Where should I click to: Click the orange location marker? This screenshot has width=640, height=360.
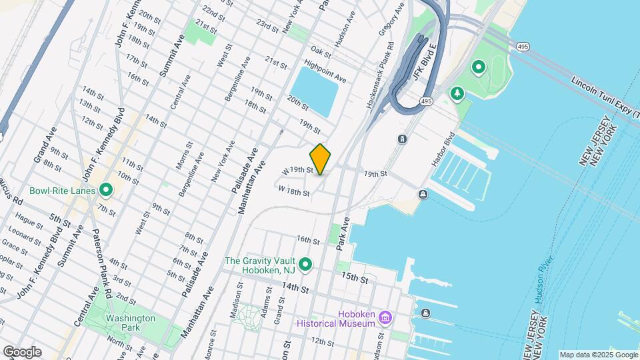[x=321, y=159]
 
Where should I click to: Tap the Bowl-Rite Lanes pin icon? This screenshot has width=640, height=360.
[x=105, y=191]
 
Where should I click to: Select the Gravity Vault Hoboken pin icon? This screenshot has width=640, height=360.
[x=306, y=265]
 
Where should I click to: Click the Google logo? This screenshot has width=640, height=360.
[x=22, y=352]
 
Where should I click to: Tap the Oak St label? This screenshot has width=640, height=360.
[x=321, y=51]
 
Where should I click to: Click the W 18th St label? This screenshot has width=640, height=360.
[x=294, y=191]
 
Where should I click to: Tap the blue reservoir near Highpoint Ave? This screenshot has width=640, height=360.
[x=313, y=91]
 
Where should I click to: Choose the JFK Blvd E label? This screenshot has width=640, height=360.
[x=424, y=64]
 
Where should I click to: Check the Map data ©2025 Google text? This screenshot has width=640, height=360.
[x=599, y=355]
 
